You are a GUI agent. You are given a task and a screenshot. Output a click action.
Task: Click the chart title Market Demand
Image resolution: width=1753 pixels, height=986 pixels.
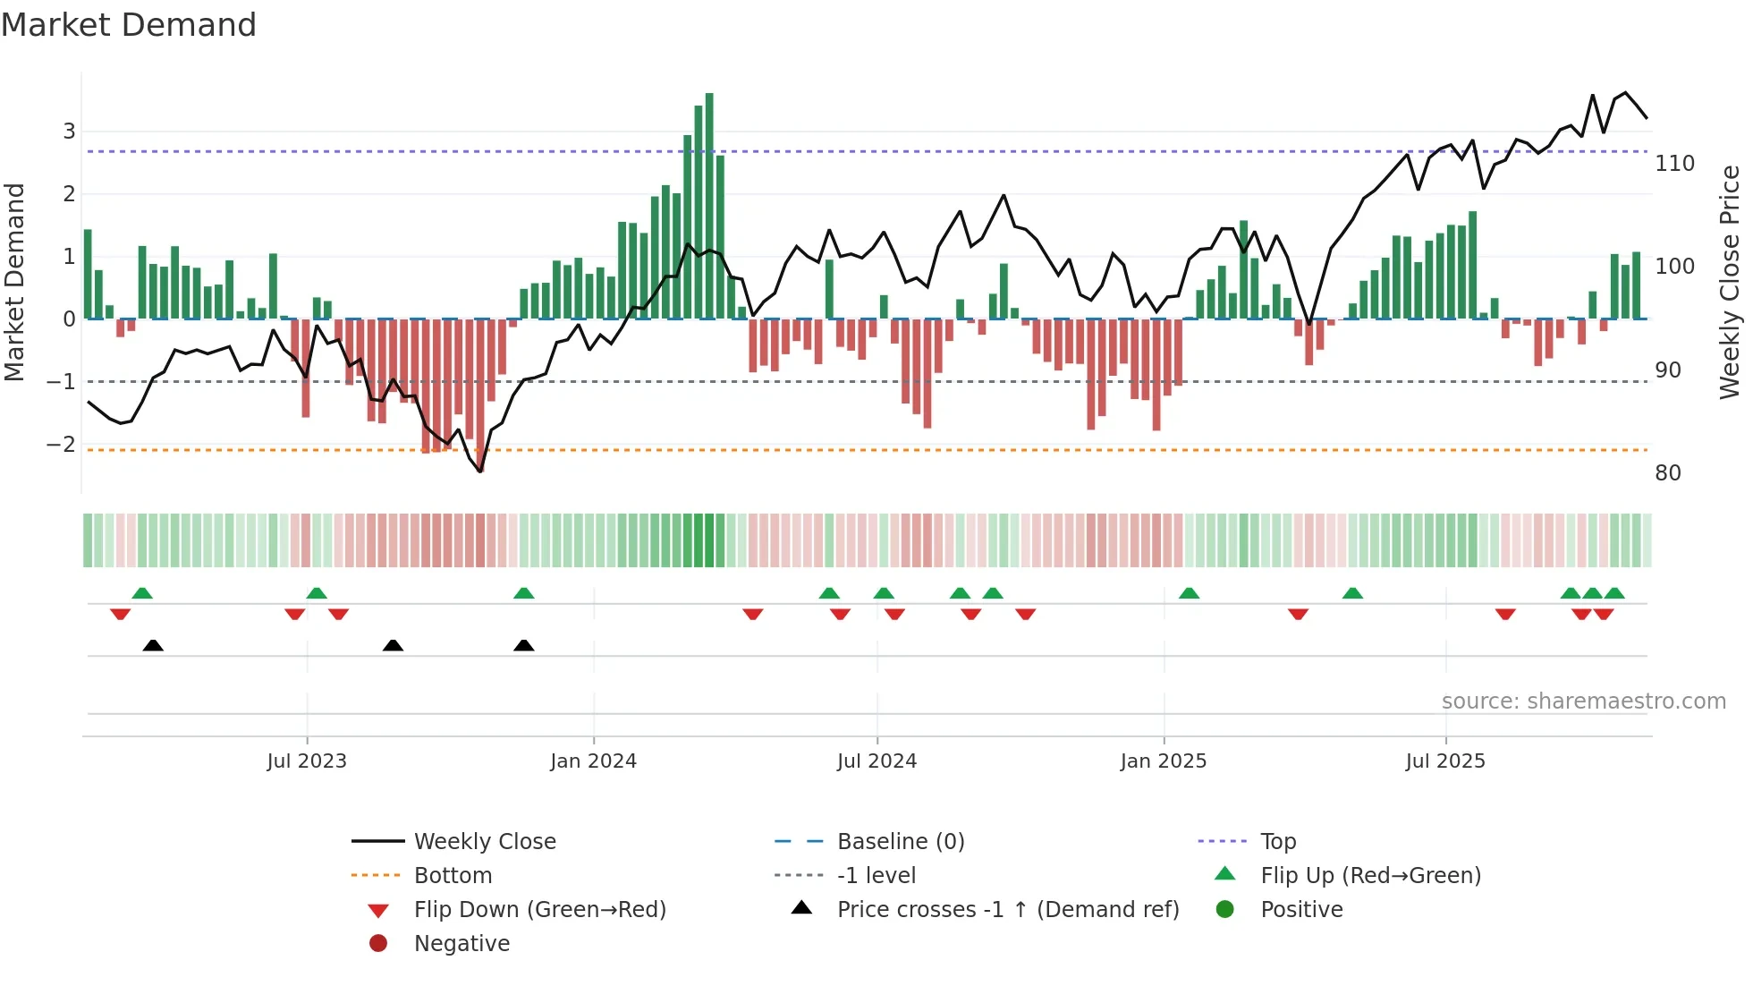pyautogui.click(x=129, y=24)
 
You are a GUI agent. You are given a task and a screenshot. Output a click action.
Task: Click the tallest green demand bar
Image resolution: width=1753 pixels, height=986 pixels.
pyautogui.click(x=709, y=206)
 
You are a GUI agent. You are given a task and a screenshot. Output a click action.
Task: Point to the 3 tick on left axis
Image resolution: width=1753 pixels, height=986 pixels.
pyautogui.click(x=69, y=132)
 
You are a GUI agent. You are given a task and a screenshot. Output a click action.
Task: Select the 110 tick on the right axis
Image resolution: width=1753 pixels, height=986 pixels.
pyautogui.click(x=1674, y=164)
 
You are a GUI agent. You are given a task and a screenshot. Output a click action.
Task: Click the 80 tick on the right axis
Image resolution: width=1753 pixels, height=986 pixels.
pyautogui.click(x=1667, y=473)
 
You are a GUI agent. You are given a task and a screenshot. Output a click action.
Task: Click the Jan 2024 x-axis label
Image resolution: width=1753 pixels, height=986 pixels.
pyautogui.click(x=593, y=761)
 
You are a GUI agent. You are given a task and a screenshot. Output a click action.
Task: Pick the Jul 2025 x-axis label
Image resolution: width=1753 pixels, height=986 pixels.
pyautogui.click(x=1444, y=761)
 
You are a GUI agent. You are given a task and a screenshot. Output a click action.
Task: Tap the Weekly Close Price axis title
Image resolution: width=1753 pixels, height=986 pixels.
pyautogui.click(x=1730, y=282)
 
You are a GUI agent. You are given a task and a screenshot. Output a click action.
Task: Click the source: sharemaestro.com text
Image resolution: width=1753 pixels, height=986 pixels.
pyautogui.click(x=1583, y=701)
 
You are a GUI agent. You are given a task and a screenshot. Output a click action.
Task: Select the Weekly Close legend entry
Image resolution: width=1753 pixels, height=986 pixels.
pyautogui.click(x=484, y=842)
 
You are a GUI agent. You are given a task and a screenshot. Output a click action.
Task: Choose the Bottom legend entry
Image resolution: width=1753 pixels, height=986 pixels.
pyautogui.click(x=453, y=876)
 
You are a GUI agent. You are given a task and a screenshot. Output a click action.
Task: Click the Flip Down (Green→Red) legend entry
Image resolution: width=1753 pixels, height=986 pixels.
pyautogui.click(x=539, y=910)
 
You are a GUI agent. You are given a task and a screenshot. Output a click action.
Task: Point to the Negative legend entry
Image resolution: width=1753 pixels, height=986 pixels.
pyautogui.click(x=462, y=944)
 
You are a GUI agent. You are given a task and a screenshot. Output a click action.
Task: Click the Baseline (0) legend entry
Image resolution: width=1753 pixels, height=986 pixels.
pyautogui.click(x=900, y=842)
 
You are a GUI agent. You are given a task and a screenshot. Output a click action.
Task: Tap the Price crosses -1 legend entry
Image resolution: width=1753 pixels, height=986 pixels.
pyautogui.click(x=1007, y=910)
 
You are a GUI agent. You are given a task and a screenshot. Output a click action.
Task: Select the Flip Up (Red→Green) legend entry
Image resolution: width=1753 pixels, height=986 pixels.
pyautogui.click(x=1370, y=876)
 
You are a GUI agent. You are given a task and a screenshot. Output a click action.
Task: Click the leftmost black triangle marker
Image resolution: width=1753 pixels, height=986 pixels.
pyautogui.click(x=153, y=645)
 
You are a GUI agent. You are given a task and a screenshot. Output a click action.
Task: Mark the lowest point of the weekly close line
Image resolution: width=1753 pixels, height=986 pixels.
pyautogui.click(x=480, y=471)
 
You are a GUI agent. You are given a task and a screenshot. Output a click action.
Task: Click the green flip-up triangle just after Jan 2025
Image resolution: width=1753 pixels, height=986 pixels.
pyautogui.click(x=1189, y=593)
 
